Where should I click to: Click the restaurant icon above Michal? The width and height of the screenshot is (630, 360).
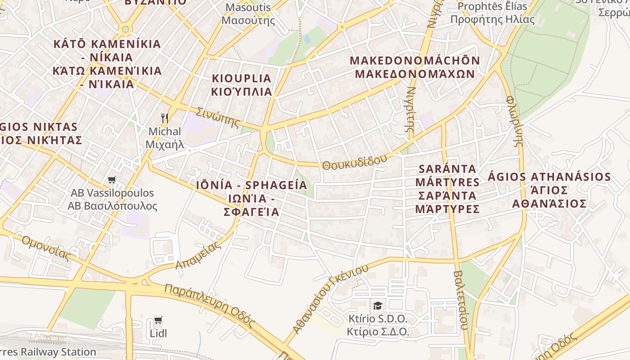[165, 119]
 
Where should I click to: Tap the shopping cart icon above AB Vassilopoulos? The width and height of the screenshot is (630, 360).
[112, 180]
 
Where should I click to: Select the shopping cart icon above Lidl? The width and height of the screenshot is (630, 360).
[158, 320]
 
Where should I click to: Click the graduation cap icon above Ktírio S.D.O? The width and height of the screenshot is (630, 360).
[378, 306]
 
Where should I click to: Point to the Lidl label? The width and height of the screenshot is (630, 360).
[158, 333]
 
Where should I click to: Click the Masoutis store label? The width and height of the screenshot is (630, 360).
[248, 14]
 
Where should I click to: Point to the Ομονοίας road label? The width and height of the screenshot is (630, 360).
[46, 248]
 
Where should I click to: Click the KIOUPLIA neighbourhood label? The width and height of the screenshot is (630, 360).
[242, 85]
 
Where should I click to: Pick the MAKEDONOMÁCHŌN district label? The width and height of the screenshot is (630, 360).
[414, 67]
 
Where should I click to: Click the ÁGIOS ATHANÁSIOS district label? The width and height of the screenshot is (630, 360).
[549, 190]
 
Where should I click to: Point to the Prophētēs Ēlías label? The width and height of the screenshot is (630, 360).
[492, 13]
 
